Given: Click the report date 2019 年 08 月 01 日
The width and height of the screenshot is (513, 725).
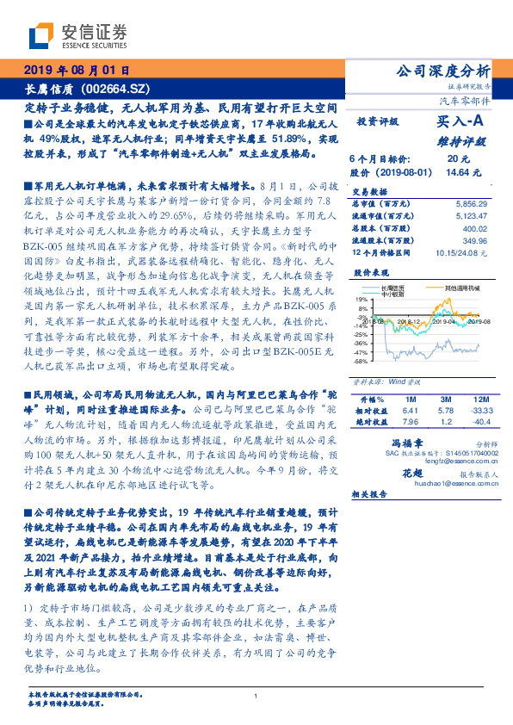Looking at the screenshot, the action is pyautogui.click(x=75, y=71).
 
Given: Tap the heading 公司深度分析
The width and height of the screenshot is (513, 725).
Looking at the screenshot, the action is pyautogui.click(x=442, y=71).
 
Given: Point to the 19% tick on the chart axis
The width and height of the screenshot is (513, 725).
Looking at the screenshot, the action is pyautogui.click(x=361, y=300).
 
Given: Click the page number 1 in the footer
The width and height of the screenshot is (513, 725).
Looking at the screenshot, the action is pyautogui.click(x=256, y=696).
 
